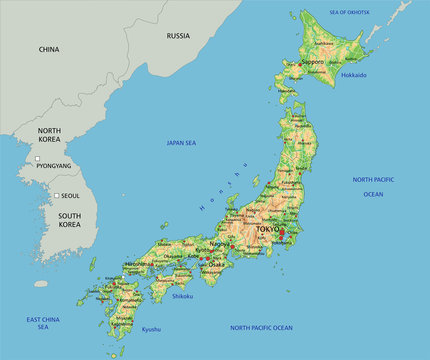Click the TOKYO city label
[268, 229]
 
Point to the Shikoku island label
[184, 295]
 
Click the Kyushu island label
[150, 329]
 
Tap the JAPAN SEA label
[181, 143]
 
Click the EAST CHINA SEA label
[43, 323]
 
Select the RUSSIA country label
[178, 36]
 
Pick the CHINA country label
[49, 49]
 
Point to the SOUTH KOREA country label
[69, 220]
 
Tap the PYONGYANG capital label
[54, 165]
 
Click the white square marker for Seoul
[58, 195]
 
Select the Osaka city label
[215, 264]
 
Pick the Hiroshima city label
[139, 264]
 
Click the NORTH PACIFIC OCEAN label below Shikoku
[261, 328]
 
